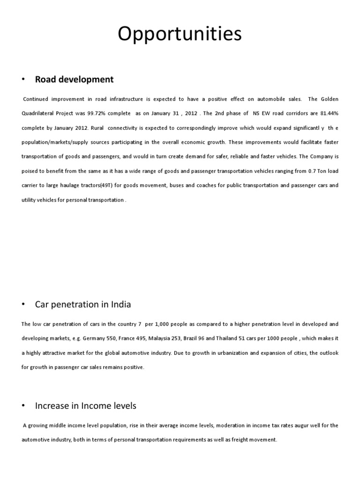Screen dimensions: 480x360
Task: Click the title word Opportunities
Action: coord(180,34)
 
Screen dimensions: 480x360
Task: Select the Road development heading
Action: coord(74,79)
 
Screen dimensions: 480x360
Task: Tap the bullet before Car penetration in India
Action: coord(23,305)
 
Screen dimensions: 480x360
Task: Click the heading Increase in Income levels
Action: coord(85,405)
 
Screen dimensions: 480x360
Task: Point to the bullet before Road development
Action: coord(23,79)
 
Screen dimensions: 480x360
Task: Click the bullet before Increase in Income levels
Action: coord(23,405)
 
